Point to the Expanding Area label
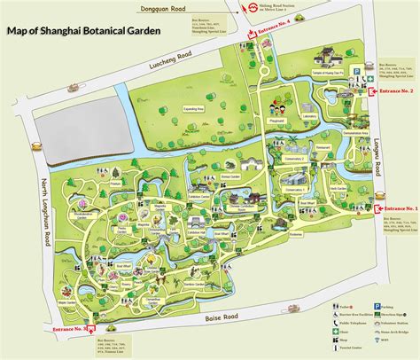tap(194, 108)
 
